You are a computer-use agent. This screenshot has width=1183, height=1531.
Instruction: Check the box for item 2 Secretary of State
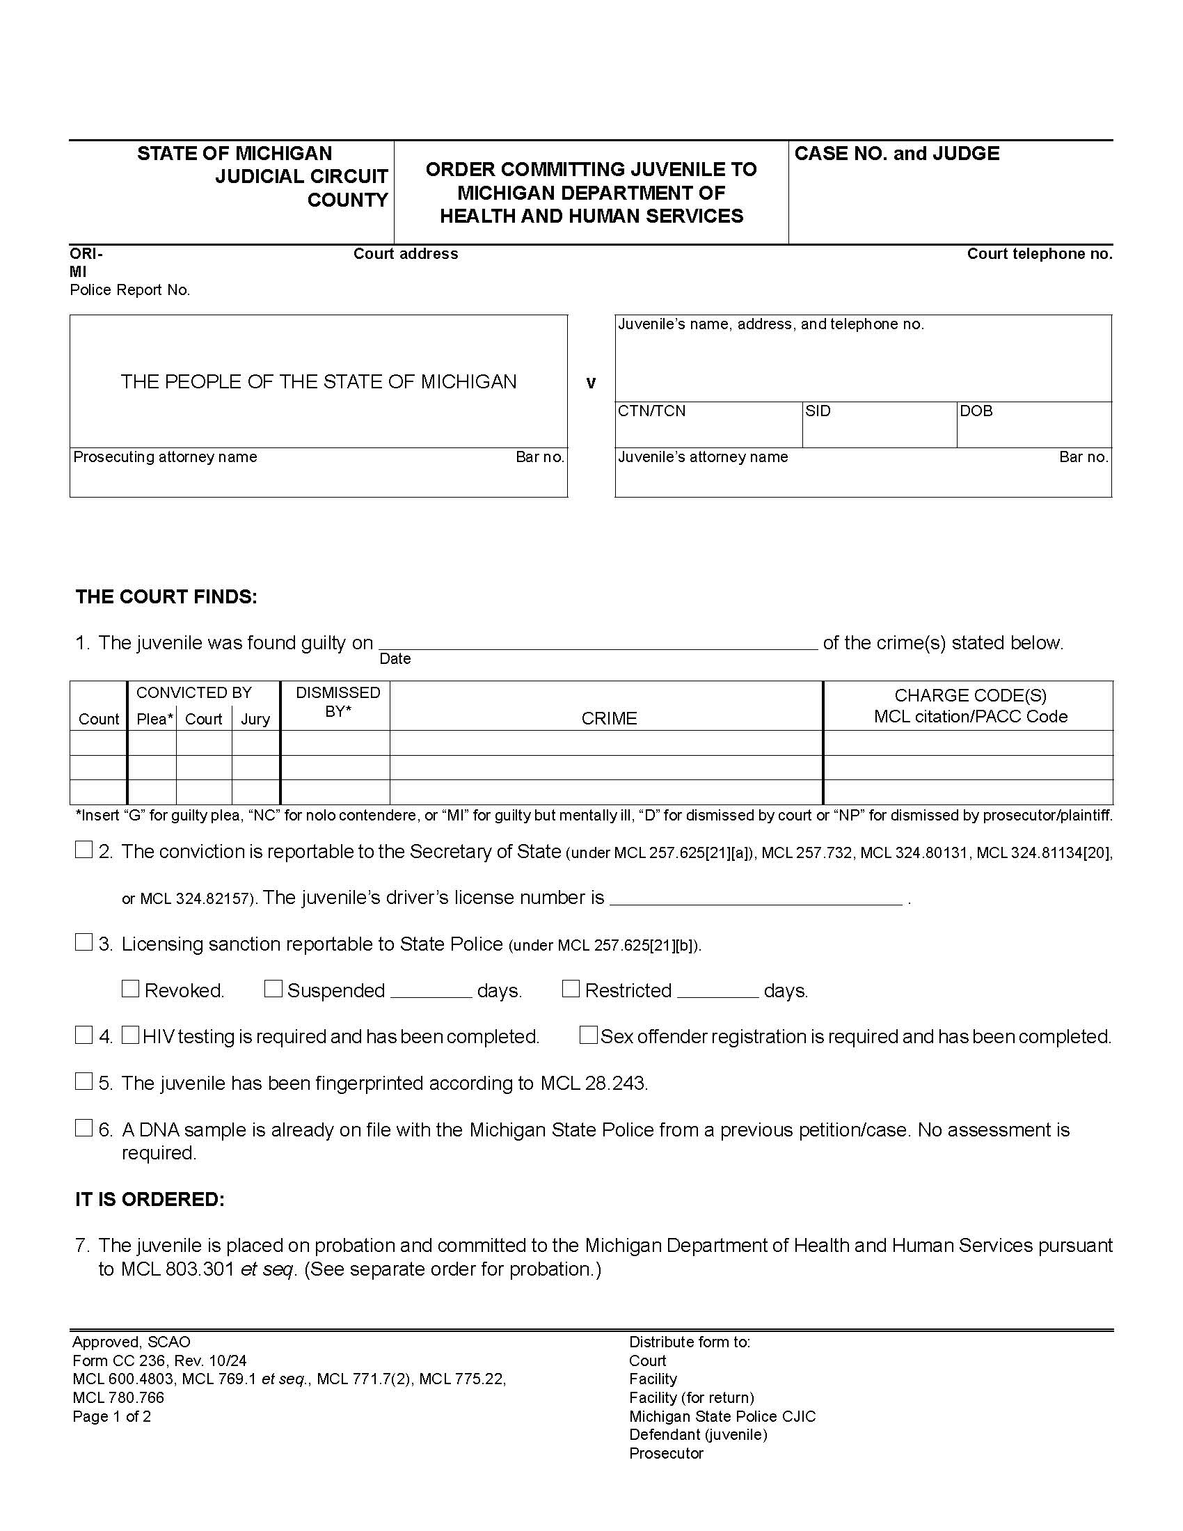click(x=84, y=850)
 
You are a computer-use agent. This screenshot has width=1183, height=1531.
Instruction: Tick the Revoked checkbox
click(x=130, y=988)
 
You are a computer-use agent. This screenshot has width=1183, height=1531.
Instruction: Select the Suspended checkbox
click(x=273, y=988)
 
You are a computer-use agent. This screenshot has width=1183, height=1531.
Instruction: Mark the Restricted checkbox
click(x=571, y=988)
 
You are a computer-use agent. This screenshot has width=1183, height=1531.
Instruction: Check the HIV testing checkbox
click(x=130, y=1035)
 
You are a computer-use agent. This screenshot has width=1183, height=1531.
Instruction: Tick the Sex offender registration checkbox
click(x=589, y=1035)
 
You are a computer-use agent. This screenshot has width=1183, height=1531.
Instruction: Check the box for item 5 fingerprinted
click(x=84, y=1081)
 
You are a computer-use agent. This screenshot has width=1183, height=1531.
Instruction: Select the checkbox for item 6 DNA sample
click(x=84, y=1127)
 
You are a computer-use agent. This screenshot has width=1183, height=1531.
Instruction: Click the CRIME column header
click(x=608, y=718)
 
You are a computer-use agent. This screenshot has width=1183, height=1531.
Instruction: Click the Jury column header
click(x=255, y=719)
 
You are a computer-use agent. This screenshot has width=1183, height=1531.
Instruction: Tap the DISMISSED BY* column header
click(x=337, y=701)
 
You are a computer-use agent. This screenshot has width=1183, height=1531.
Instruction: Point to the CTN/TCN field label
click(x=651, y=411)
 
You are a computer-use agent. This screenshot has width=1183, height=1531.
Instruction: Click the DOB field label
click(x=976, y=411)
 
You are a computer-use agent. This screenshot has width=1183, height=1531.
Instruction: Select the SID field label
click(x=817, y=411)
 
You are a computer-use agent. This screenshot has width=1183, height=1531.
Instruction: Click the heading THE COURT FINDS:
click(x=166, y=596)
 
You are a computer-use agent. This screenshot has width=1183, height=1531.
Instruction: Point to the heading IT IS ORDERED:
click(x=150, y=1199)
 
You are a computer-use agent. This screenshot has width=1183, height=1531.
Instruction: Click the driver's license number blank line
click(x=756, y=898)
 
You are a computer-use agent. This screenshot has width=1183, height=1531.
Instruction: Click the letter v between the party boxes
click(x=591, y=383)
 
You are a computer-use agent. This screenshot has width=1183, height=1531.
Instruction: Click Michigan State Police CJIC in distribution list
click(x=722, y=1416)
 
